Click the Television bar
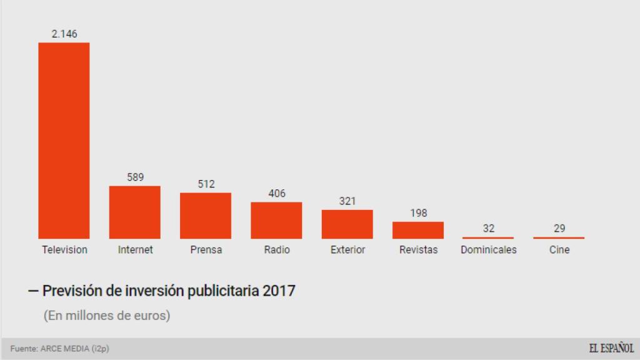click(64, 141)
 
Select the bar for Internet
click(135, 212)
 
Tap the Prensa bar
click(206, 216)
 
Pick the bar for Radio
click(276, 221)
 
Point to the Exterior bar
click(347, 224)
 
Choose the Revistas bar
click(418, 230)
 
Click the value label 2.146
click(64, 34)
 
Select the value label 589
click(135, 177)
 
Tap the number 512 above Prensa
click(206, 184)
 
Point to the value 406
click(276, 194)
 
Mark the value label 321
click(347, 201)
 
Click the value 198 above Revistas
click(418, 213)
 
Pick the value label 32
click(489, 229)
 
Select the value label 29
click(559, 229)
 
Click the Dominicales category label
click(489, 250)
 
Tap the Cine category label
click(559, 250)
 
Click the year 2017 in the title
click(279, 291)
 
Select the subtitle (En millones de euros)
click(107, 316)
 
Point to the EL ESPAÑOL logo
click(611, 348)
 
